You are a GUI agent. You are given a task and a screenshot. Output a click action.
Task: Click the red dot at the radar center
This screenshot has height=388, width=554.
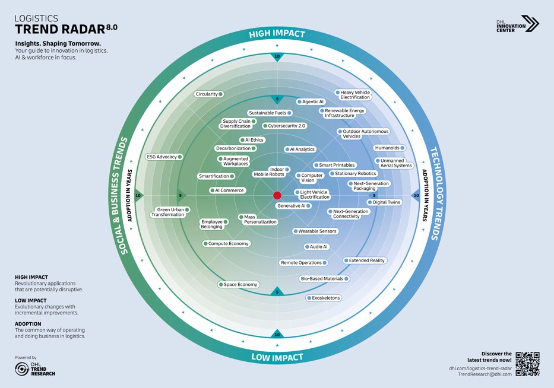277,195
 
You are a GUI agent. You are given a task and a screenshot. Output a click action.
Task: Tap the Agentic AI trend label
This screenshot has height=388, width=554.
311,101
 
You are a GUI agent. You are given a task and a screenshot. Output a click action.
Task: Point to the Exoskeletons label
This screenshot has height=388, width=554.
324,298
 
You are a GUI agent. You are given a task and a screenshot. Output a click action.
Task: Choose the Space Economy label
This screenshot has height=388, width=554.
238,285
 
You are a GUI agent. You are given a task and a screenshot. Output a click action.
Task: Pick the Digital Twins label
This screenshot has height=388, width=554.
384,202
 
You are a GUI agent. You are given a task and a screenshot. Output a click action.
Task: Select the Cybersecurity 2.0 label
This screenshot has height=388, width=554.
284,126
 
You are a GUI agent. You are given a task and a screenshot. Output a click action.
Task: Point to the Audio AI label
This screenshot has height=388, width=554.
316,247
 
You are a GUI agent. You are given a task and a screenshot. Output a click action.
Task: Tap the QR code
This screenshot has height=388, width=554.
527,364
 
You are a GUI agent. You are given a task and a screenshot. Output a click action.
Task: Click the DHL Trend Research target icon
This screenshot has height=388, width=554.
22,369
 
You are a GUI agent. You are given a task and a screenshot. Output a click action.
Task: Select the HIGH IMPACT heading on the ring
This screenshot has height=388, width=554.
277,34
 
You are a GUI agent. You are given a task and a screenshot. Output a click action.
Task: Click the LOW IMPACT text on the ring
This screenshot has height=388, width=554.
277,357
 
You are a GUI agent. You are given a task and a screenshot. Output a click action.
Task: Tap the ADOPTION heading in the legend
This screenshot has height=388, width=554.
28,324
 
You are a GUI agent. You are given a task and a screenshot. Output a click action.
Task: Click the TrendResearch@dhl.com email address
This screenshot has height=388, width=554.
485,374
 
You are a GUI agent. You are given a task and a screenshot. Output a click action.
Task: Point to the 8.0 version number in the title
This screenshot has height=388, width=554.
112,27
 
